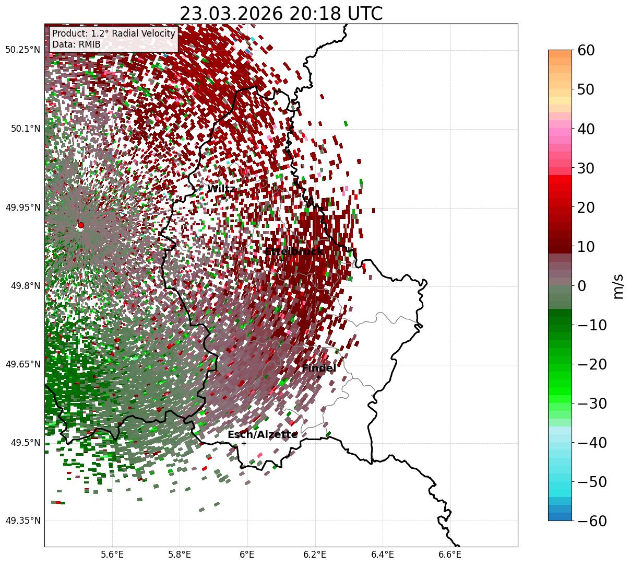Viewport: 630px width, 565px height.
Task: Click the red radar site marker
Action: coord(80,225)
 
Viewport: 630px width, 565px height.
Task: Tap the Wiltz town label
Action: coord(221,189)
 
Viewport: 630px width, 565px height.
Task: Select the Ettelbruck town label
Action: coord(294,251)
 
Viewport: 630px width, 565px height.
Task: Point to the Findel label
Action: coord(319,368)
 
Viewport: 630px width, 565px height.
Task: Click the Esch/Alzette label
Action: coord(263,434)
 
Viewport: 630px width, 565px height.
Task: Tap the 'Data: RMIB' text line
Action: coord(76,44)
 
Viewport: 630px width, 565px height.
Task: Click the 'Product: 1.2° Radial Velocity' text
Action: coord(113,33)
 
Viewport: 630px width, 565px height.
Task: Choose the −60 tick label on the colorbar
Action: coord(591,521)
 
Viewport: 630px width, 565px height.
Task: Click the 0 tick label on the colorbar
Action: coord(581,285)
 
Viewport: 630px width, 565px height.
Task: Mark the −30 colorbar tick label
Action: coord(591,403)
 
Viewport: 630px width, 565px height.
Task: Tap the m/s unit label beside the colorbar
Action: coord(619,285)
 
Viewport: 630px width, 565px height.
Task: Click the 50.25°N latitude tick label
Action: coord(22,50)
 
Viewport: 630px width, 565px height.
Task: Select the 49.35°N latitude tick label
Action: coord(22,521)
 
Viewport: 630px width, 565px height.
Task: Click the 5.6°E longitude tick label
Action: coord(112,554)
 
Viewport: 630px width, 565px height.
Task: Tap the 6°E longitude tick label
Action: coord(247,554)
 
